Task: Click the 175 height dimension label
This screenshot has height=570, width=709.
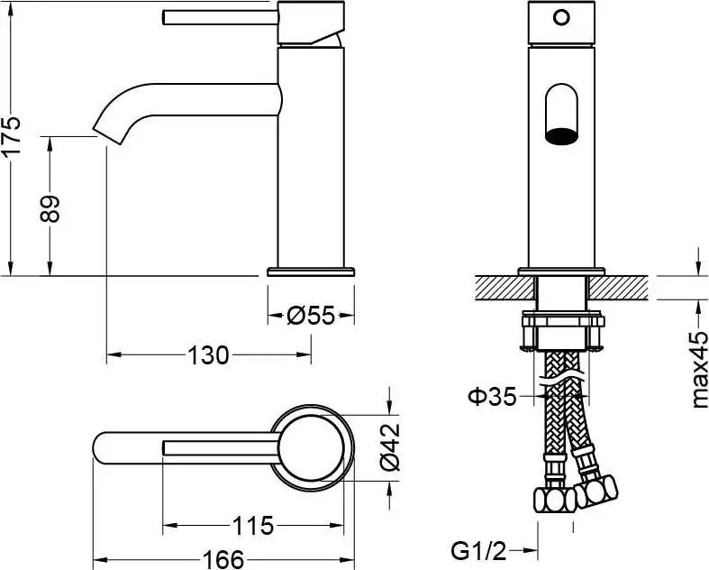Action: coord(12,136)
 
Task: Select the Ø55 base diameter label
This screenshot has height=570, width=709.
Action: coord(311,316)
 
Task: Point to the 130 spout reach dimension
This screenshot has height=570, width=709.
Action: coord(208,355)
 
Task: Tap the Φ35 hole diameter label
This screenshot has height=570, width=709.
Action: coord(492,395)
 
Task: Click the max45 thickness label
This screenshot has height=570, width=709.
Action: coord(700,370)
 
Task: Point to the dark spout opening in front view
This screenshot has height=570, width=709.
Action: coord(560,136)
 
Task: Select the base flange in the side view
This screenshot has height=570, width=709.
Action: coord(311,271)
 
